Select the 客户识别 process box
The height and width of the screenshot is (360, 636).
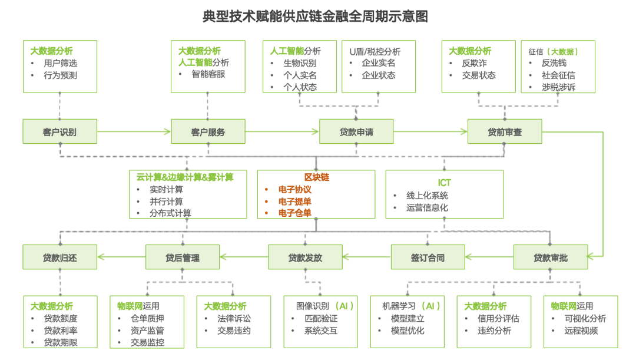(59, 131)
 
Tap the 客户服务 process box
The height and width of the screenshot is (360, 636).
(208, 131)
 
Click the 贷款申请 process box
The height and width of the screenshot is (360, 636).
(356, 131)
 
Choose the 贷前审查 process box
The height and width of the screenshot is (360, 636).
(504, 131)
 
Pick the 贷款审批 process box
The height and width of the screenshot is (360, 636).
(550, 257)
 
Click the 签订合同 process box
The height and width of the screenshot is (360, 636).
(428, 257)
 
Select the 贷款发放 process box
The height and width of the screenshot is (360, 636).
(305, 257)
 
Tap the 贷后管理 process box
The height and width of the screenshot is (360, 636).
(182, 257)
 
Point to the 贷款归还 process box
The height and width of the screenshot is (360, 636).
(59, 257)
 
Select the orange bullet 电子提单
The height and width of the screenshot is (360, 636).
(295, 202)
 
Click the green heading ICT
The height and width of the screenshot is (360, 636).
(444, 183)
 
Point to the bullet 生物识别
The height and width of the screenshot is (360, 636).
(300, 63)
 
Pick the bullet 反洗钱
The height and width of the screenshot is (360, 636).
(554, 63)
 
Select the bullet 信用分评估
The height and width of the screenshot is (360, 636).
(498, 318)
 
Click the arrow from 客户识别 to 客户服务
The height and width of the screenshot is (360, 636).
(134, 131)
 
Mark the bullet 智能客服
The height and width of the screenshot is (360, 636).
(208, 74)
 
